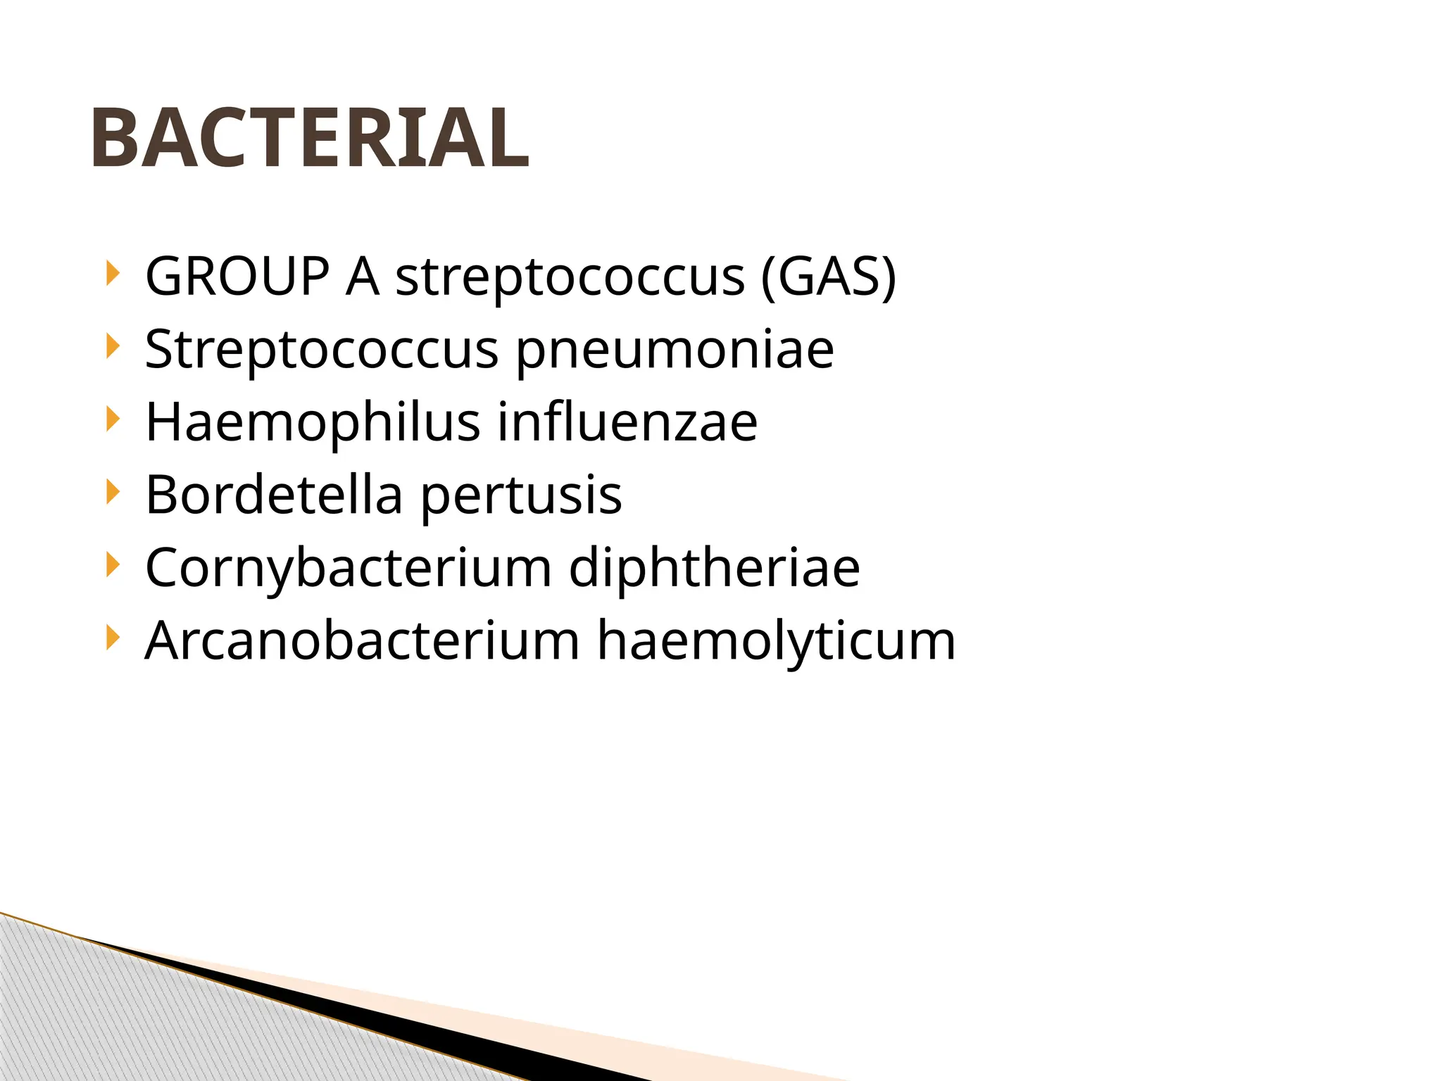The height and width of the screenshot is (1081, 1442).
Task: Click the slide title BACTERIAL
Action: pos(310,138)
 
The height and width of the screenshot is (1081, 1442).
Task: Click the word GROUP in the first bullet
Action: pos(237,276)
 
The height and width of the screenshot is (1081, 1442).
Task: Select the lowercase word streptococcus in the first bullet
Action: pos(570,277)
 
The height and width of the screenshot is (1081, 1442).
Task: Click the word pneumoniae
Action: pos(675,350)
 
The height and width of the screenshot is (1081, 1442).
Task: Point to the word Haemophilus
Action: pos(312,422)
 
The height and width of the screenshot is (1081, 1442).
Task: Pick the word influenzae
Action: pos(627,422)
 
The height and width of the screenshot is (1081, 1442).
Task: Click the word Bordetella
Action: pos(273,495)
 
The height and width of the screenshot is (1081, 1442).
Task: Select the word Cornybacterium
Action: pos(348,569)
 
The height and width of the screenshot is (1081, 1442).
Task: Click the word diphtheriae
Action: pos(714,569)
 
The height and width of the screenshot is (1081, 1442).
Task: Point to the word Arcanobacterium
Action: pos(362,641)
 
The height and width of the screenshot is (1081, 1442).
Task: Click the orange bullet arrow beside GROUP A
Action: pos(112,273)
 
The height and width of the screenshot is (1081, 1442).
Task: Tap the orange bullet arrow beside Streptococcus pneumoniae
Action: pos(112,346)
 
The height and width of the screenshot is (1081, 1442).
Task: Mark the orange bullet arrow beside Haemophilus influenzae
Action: pos(112,419)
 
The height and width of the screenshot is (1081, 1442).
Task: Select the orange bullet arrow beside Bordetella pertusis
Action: pos(112,492)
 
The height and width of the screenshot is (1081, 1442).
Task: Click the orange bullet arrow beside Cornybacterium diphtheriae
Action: pos(112,565)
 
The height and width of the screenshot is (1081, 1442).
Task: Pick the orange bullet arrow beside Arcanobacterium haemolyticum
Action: pos(112,638)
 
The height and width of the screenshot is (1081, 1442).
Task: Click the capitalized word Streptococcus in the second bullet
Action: pos(321,350)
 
